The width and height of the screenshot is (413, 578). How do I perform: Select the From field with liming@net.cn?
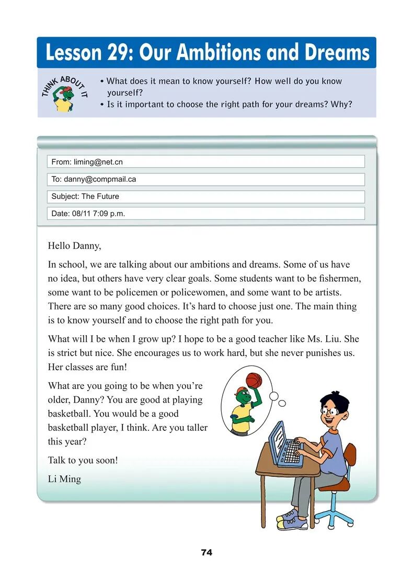coord(205,162)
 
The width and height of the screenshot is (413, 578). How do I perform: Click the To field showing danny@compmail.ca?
coord(205,179)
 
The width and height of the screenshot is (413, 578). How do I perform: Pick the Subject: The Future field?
coord(205,196)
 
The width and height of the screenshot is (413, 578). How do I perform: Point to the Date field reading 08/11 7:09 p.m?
coord(205,214)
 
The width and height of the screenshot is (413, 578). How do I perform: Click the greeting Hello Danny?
coord(74,245)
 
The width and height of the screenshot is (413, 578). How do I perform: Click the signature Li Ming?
coord(64,479)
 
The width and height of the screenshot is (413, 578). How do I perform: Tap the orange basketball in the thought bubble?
coord(254,379)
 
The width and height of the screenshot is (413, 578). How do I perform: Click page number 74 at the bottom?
coord(206,552)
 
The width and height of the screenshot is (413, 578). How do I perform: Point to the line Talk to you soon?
coord(83,460)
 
